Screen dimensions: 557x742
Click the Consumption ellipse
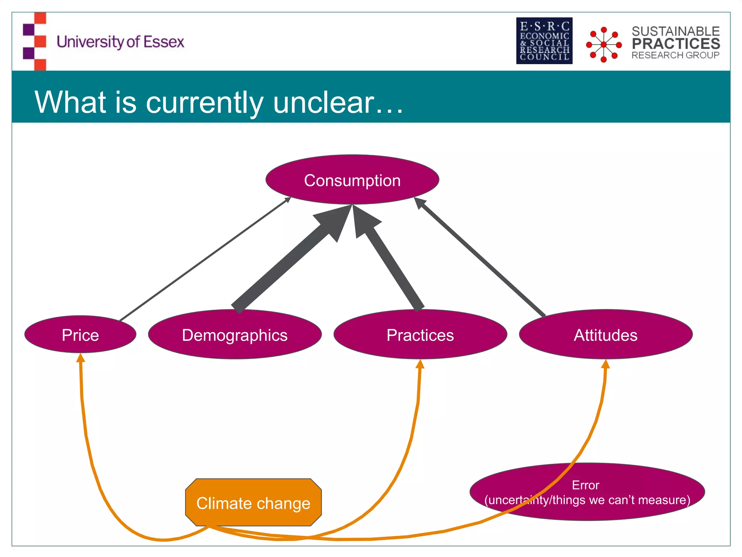pyautogui.click(x=352, y=180)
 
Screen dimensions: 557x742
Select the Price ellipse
pyautogui.click(x=80, y=335)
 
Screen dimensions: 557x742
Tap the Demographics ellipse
pyautogui.click(x=235, y=335)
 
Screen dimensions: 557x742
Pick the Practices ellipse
pyautogui.click(x=420, y=335)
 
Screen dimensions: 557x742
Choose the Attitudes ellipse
pyautogui.click(x=605, y=335)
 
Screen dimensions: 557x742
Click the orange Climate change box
pyautogui.click(x=253, y=503)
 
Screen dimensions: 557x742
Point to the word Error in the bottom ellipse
pyautogui.click(x=585, y=485)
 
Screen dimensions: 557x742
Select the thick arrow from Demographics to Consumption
pyautogui.click(x=286, y=261)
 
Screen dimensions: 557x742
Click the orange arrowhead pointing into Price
pyautogui.click(x=81, y=358)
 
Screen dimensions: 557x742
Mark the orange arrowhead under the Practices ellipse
pyautogui.click(x=420, y=364)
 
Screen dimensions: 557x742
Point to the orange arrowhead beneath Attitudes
pyautogui.click(x=605, y=364)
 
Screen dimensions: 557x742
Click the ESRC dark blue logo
pyautogui.click(x=544, y=41)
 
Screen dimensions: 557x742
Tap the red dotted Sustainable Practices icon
pyautogui.click(x=604, y=44)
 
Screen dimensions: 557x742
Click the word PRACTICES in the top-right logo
pyautogui.click(x=676, y=44)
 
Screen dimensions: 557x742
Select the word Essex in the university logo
pyautogui.click(x=164, y=42)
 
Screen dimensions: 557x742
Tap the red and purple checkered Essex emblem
pyautogui.click(x=35, y=41)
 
